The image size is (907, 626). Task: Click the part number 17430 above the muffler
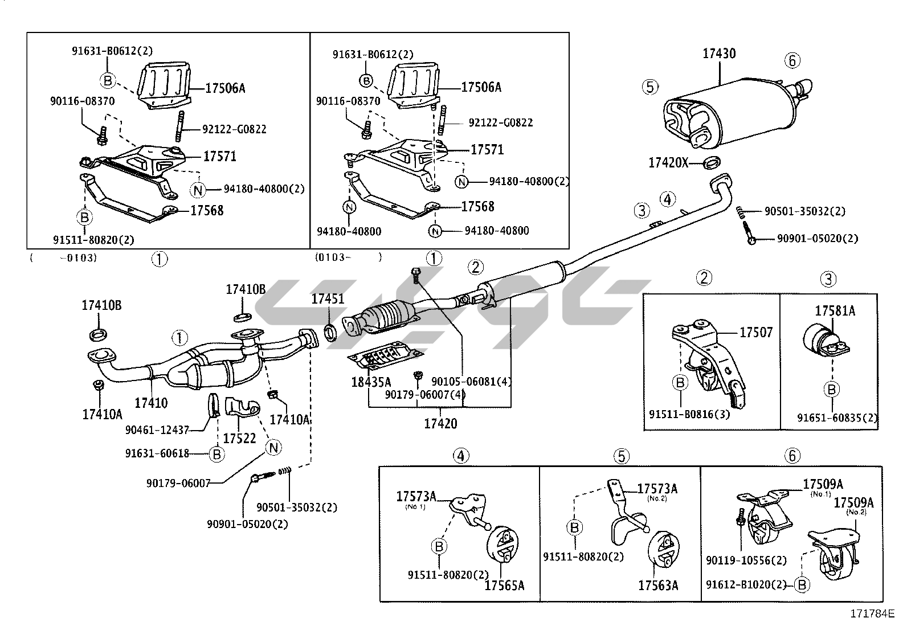coord(718,54)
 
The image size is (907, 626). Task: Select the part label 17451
coord(328,298)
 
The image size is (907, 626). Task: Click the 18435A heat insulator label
coord(371,382)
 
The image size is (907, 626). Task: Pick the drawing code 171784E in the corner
coord(872,613)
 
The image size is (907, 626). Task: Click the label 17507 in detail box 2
coord(756,332)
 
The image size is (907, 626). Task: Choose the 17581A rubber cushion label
coord(835,311)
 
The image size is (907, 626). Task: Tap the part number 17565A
coord(504,585)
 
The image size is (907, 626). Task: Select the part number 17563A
coord(658,585)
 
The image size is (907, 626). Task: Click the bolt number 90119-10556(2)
coord(746,560)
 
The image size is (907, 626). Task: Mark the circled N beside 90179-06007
coord(274,447)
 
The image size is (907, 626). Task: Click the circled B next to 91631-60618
coord(216,454)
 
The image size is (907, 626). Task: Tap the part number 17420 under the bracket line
coord(440,424)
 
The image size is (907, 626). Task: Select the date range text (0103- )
coord(348,257)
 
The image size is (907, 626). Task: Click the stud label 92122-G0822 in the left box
coord(234,130)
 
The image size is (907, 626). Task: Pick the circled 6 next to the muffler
coord(792,60)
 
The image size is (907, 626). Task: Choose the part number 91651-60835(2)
coord(837,418)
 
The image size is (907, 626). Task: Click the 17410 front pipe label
coord(151,403)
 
